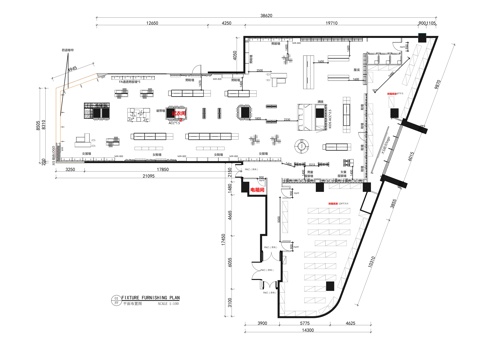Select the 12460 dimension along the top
point(151,22)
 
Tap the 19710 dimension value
point(332,22)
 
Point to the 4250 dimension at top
point(227,22)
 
